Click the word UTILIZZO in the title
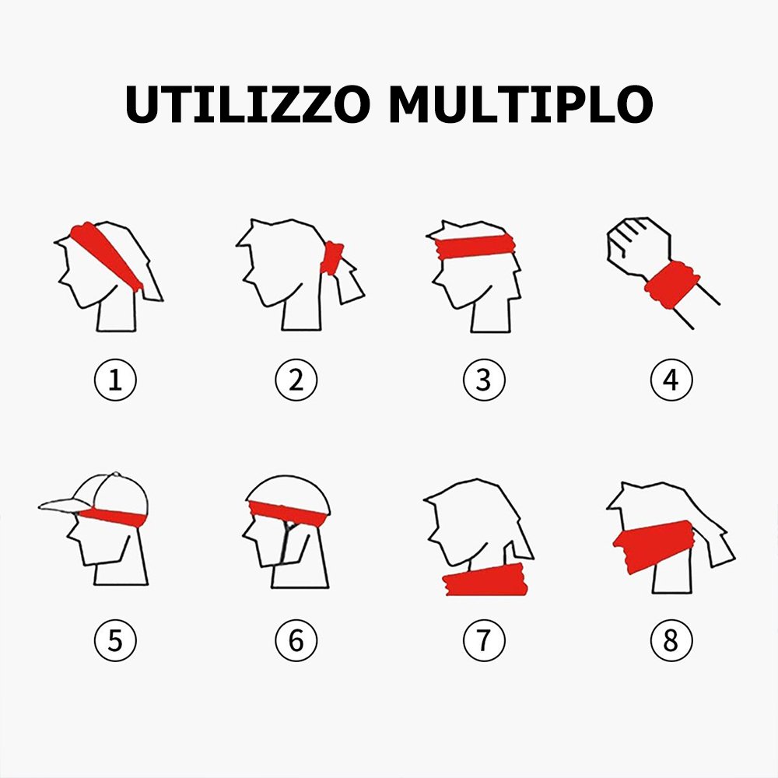point(247,104)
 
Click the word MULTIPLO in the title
point(520,104)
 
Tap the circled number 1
point(115,380)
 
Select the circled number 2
point(296,380)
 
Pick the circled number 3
point(484,380)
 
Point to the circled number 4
point(671,380)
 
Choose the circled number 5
point(115,640)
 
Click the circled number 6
point(296,640)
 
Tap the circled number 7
point(484,640)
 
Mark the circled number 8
point(671,640)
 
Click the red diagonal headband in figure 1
point(106,254)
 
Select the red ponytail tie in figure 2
point(331,258)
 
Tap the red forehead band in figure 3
point(475,247)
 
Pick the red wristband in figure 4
point(672,284)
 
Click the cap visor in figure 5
point(64,505)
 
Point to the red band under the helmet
point(288,513)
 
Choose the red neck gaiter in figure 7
point(485,580)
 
